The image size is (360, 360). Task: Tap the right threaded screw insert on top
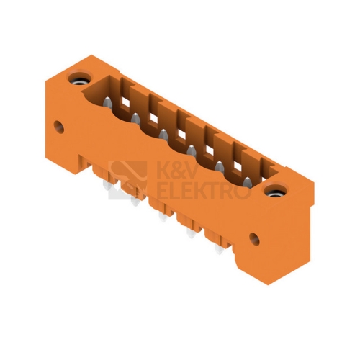(275, 191)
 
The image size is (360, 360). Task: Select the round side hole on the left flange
(59, 127)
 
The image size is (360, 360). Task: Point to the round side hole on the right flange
(254, 239)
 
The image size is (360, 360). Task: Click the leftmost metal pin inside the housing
(107, 103)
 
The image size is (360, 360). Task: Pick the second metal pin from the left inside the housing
(136, 118)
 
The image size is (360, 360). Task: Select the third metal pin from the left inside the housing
(163, 135)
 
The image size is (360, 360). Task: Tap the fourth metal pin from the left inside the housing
(192, 150)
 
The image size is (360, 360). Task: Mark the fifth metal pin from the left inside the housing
(220, 166)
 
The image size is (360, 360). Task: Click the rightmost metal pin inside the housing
(247, 182)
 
